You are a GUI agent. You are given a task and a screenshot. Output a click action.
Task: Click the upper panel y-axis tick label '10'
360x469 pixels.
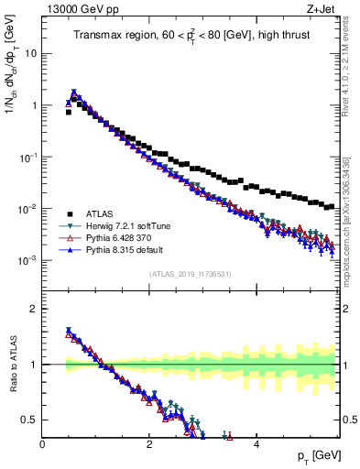[x=29, y=53]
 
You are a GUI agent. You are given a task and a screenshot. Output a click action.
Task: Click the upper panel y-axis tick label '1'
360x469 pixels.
[x=33, y=105]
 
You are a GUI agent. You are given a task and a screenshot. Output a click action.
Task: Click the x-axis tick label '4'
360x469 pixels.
[x=256, y=444]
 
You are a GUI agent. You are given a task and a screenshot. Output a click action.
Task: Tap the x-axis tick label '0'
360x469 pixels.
[x=42, y=444]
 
